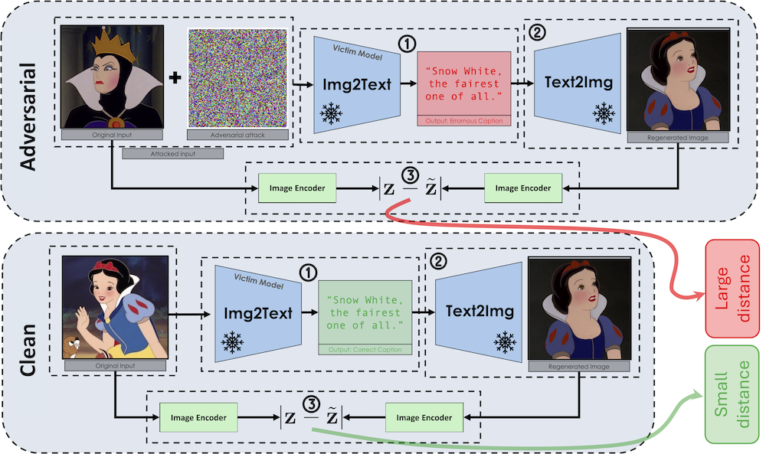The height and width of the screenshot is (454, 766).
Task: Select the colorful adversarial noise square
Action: point(237,79)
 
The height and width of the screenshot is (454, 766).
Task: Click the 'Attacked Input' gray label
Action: point(172,154)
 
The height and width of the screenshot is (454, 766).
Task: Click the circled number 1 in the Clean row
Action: point(309,273)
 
